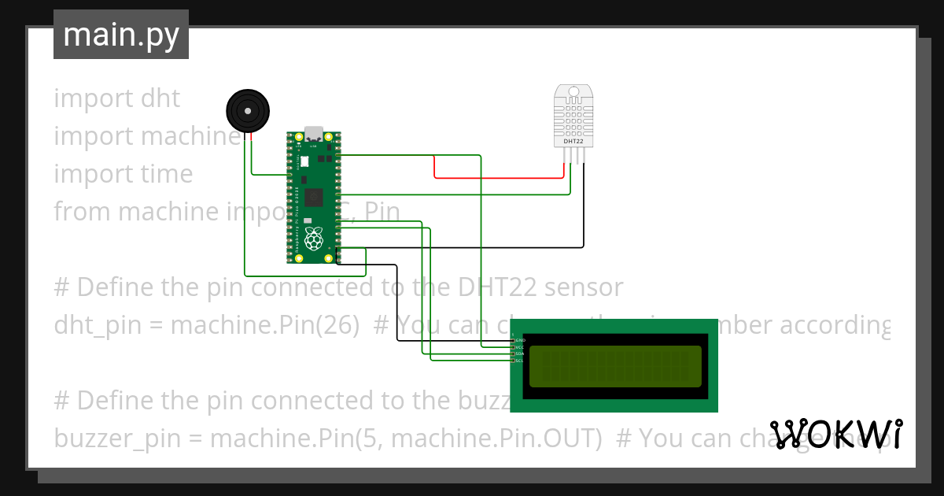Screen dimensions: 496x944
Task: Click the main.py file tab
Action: (121, 35)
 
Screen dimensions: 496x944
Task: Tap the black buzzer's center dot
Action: (246, 110)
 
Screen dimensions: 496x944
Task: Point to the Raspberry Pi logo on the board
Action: (314, 239)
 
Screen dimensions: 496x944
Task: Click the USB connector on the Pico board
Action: (315, 133)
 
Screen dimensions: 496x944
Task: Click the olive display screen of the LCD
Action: (614, 366)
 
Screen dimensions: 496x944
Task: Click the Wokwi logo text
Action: (835, 435)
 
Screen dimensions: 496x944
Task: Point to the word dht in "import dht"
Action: (160, 98)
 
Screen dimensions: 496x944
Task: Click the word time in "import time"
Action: (166, 174)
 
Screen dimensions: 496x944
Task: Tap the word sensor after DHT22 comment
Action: (584, 287)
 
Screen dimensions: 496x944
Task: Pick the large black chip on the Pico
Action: (315, 196)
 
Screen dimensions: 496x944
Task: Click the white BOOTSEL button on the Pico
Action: (304, 161)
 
